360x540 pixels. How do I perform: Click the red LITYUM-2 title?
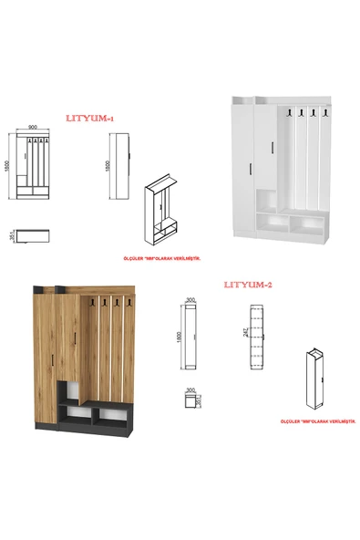coord(247,285)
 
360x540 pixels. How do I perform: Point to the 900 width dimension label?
coord(32,128)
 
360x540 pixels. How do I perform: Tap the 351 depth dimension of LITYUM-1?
coord(12,237)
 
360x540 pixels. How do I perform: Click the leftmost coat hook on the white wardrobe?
coord(284,113)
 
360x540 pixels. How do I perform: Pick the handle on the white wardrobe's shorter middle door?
coord(271,151)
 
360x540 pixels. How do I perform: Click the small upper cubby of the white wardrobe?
coord(268,200)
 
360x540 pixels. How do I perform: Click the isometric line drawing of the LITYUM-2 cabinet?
coord(314,378)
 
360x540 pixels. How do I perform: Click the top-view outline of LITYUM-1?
coord(32,236)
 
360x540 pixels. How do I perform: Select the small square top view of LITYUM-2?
coord(190,402)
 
